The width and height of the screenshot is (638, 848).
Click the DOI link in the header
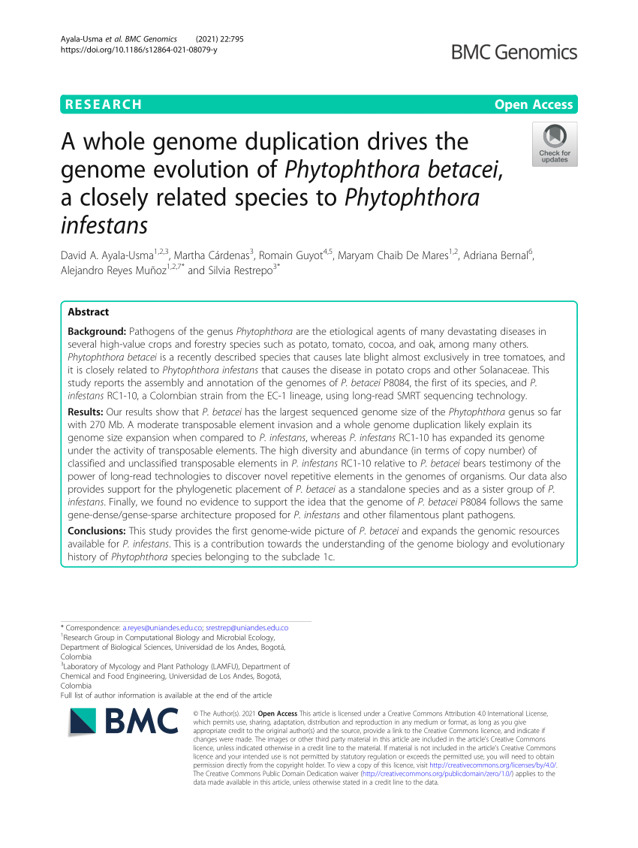[x=138, y=50]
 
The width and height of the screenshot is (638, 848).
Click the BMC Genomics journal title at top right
[x=514, y=52]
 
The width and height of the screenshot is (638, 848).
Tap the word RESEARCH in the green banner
[x=103, y=104]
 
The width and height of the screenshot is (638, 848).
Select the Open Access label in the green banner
[x=533, y=104]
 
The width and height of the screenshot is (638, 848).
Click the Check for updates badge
[x=554, y=144]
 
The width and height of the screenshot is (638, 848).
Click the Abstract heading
[x=88, y=312]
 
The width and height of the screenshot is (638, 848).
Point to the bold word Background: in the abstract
[x=97, y=330]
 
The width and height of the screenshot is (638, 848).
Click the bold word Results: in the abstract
[x=86, y=413]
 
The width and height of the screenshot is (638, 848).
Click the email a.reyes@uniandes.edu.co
[x=162, y=626]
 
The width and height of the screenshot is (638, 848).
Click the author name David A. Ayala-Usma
[x=106, y=255]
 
